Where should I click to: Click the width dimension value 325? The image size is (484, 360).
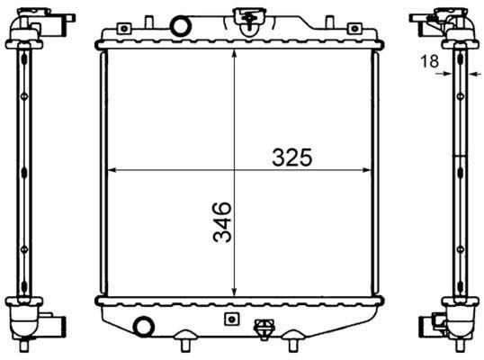tap(292, 157)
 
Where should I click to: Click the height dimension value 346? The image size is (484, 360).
tap(222, 222)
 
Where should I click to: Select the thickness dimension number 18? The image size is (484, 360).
tap(430, 61)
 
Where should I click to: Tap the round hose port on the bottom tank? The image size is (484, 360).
tap(142, 326)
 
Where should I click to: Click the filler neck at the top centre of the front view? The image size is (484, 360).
tap(243, 15)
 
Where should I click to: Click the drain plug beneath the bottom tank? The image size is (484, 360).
tap(264, 329)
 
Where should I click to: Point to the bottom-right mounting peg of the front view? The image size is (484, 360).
tap(293, 342)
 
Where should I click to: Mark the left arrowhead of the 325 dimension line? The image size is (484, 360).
tap(111, 169)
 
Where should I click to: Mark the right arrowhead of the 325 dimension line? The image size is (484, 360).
tap(365, 169)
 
